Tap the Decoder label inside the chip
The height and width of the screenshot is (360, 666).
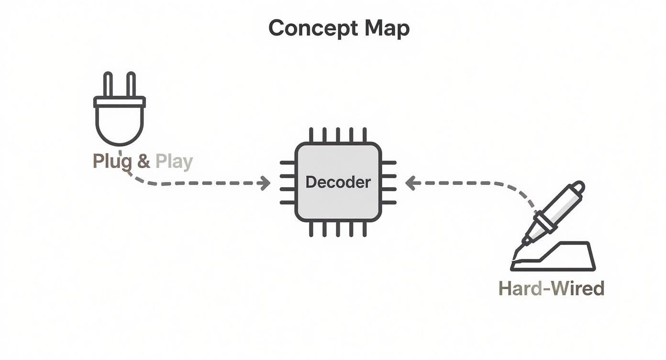(x=338, y=182)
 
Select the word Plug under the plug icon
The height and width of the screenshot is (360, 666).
(x=112, y=161)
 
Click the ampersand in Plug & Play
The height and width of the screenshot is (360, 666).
(x=144, y=161)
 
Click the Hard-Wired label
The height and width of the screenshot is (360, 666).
(x=551, y=289)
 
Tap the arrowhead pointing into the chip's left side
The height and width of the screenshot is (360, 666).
(x=265, y=183)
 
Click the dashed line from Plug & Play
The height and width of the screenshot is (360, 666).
(x=201, y=183)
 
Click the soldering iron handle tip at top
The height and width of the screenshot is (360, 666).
(x=578, y=187)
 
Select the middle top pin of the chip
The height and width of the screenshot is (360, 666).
(x=338, y=135)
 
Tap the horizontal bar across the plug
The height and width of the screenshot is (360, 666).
(x=119, y=102)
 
